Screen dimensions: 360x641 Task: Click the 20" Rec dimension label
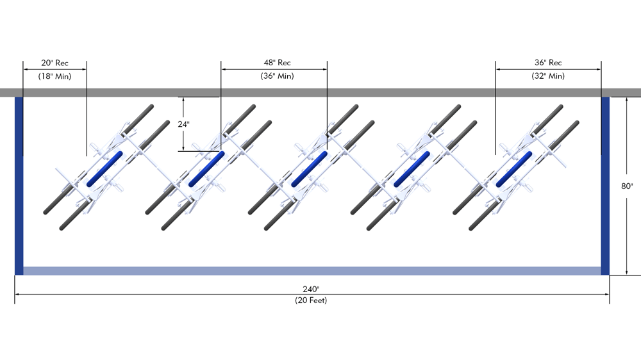(54, 63)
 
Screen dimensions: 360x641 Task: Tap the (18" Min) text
(54, 76)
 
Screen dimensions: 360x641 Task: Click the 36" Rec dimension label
(548, 63)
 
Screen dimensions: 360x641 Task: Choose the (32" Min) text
(548, 76)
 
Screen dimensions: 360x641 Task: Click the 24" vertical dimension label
(184, 124)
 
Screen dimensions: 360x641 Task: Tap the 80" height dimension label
(627, 186)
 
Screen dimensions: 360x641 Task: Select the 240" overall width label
(311, 289)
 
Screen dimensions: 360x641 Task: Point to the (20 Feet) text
(311, 300)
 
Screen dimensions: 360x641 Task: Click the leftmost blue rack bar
(105, 168)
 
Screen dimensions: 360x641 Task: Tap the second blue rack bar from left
(206, 168)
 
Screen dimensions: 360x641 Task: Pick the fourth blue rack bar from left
(412, 168)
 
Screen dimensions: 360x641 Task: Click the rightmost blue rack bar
(514, 168)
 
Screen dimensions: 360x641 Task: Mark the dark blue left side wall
(19, 186)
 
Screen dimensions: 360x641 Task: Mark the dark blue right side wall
(605, 186)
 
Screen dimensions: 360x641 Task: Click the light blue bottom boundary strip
(312, 271)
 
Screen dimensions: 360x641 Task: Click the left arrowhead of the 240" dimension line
(17, 295)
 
